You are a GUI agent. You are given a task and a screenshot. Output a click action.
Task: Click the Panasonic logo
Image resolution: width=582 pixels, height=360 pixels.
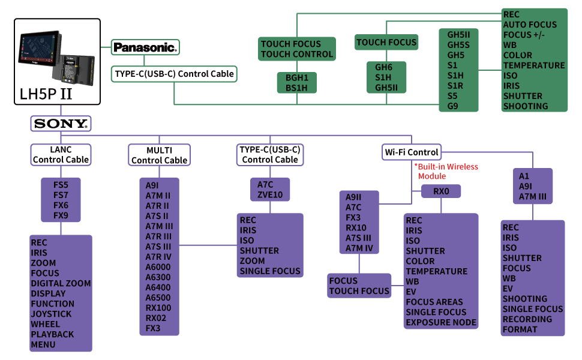tap(145, 47)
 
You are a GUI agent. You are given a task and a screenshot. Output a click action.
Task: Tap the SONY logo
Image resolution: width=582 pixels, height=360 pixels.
tap(61, 124)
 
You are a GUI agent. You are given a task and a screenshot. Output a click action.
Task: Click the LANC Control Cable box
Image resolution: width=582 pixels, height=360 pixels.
tap(61, 154)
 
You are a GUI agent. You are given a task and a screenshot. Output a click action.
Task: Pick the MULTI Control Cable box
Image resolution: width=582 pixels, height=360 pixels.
tap(159, 155)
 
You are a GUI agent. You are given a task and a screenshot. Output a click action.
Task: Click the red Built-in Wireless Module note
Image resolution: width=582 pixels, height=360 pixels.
tap(446, 171)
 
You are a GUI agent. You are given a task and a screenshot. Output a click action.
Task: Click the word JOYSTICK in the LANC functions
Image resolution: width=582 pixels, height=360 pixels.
tap(51, 314)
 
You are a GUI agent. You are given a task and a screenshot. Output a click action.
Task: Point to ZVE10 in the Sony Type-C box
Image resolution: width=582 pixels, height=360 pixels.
tap(270, 195)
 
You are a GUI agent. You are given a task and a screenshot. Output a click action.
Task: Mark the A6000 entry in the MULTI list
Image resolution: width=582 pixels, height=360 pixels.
tap(158, 267)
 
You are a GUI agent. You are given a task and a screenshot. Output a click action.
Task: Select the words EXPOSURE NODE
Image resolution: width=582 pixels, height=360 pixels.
tap(441, 322)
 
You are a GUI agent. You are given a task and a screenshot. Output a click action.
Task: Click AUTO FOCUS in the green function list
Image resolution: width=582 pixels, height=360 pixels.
tap(530, 25)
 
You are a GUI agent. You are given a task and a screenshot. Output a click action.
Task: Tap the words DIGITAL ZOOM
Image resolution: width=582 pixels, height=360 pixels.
tap(61, 283)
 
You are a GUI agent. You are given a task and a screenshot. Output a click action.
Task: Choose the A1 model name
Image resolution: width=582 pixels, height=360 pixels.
tap(524, 176)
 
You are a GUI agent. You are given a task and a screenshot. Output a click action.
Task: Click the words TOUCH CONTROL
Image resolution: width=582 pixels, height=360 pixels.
tap(296, 54)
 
